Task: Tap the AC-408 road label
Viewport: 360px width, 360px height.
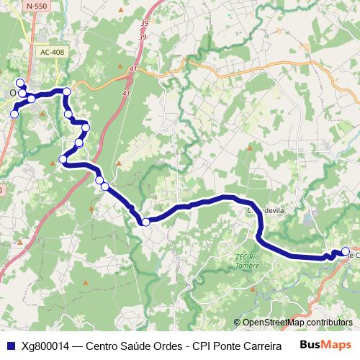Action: tap(52, 52)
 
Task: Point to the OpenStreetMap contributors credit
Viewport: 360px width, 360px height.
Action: tap(297, 322)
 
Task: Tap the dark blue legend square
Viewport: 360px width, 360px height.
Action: tap(10, 344)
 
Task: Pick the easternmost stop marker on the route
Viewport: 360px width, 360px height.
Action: tap(345, 251)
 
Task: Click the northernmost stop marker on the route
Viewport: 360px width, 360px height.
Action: tap(20, 82)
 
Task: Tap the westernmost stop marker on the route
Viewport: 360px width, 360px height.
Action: tap(14, 114)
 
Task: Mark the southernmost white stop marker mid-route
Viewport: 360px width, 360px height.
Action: tap(145, 222)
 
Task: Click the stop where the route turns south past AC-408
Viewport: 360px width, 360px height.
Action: tap(66, 91)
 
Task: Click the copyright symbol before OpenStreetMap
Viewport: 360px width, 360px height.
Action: tap(238, 322)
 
